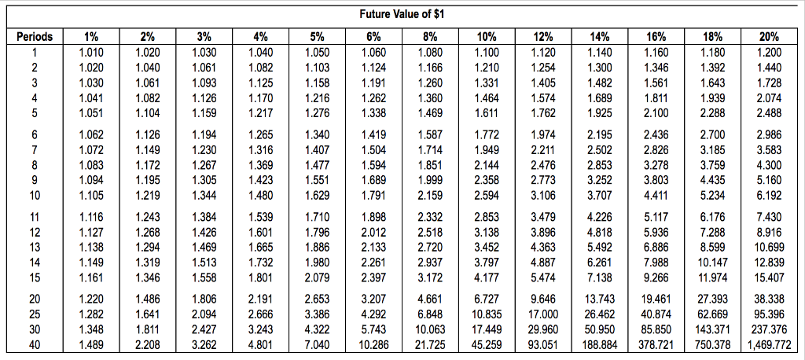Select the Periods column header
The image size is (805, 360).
tap(34, 37)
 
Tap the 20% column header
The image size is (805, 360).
tap(769, 37)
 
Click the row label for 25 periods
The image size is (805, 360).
tap(34, 314)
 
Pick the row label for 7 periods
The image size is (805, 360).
tap(34, 149)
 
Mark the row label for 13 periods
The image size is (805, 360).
tap(34, 247)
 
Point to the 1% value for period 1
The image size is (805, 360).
tap(90, 53)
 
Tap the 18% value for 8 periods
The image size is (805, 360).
tap(712, 165)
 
